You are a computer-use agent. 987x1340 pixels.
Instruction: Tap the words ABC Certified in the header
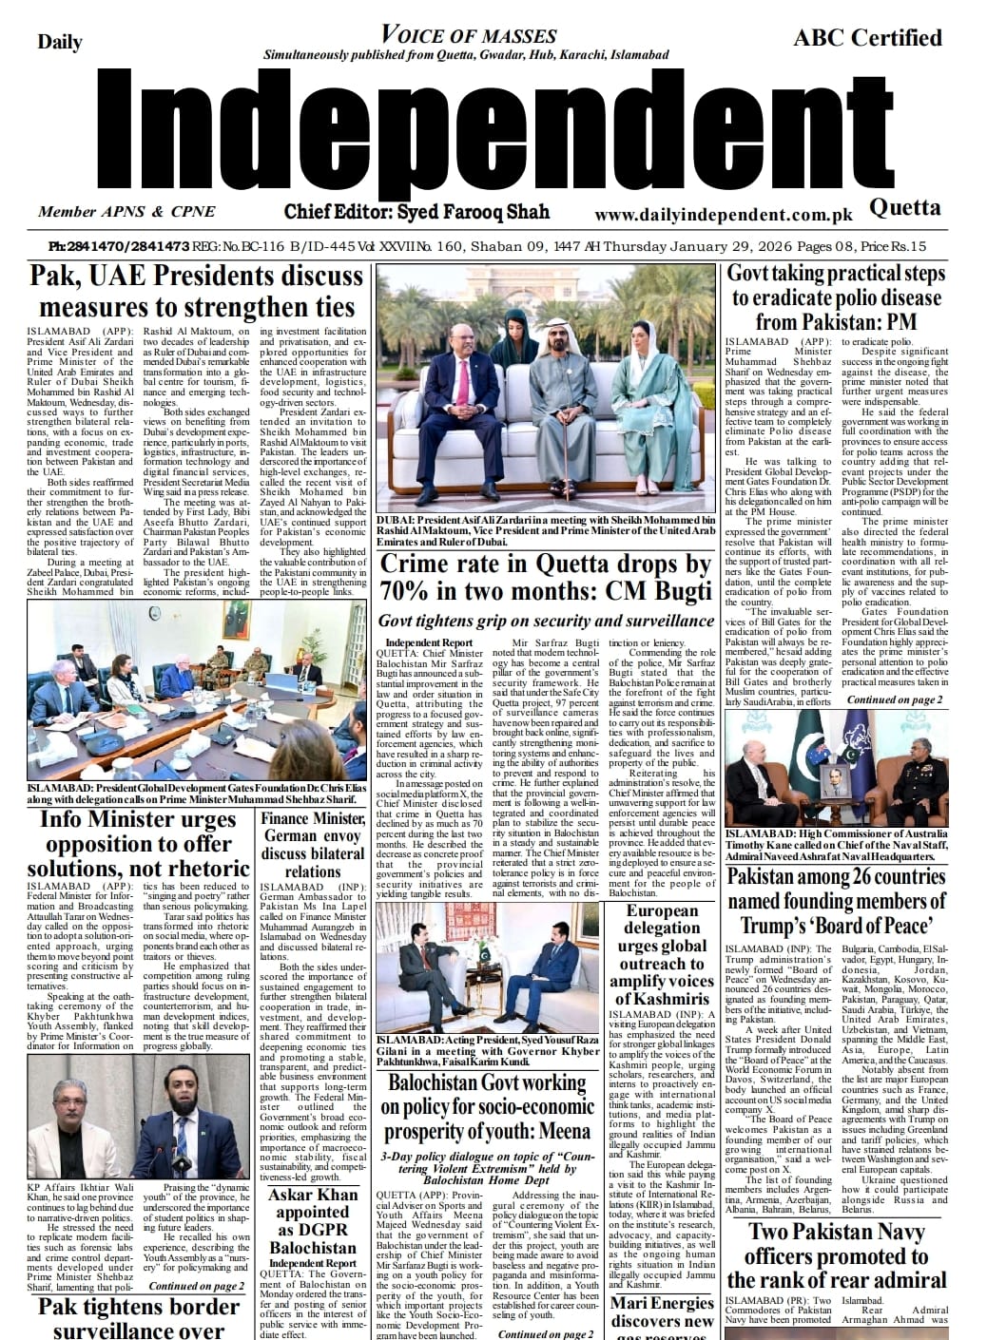tap(867, 38)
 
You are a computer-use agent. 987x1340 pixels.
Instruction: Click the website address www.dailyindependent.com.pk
tap(724, 216)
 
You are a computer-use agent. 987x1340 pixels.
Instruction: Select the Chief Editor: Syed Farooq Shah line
tap(416, 211)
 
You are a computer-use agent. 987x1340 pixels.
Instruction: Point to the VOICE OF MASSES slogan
tap(468, 36)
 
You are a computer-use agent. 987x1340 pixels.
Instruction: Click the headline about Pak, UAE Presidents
tap(197, 292)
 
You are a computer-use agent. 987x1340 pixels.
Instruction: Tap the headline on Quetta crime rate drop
tap(546, 578)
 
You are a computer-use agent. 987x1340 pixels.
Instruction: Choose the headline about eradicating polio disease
tap(836, 297)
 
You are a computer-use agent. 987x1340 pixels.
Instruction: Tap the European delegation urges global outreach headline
tap(662, 955)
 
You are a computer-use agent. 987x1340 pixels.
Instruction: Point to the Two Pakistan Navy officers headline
tap(837, 1255)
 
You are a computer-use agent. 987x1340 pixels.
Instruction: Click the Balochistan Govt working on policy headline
tap(487, 1106)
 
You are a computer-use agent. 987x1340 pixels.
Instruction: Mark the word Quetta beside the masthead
tap(905, 207)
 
